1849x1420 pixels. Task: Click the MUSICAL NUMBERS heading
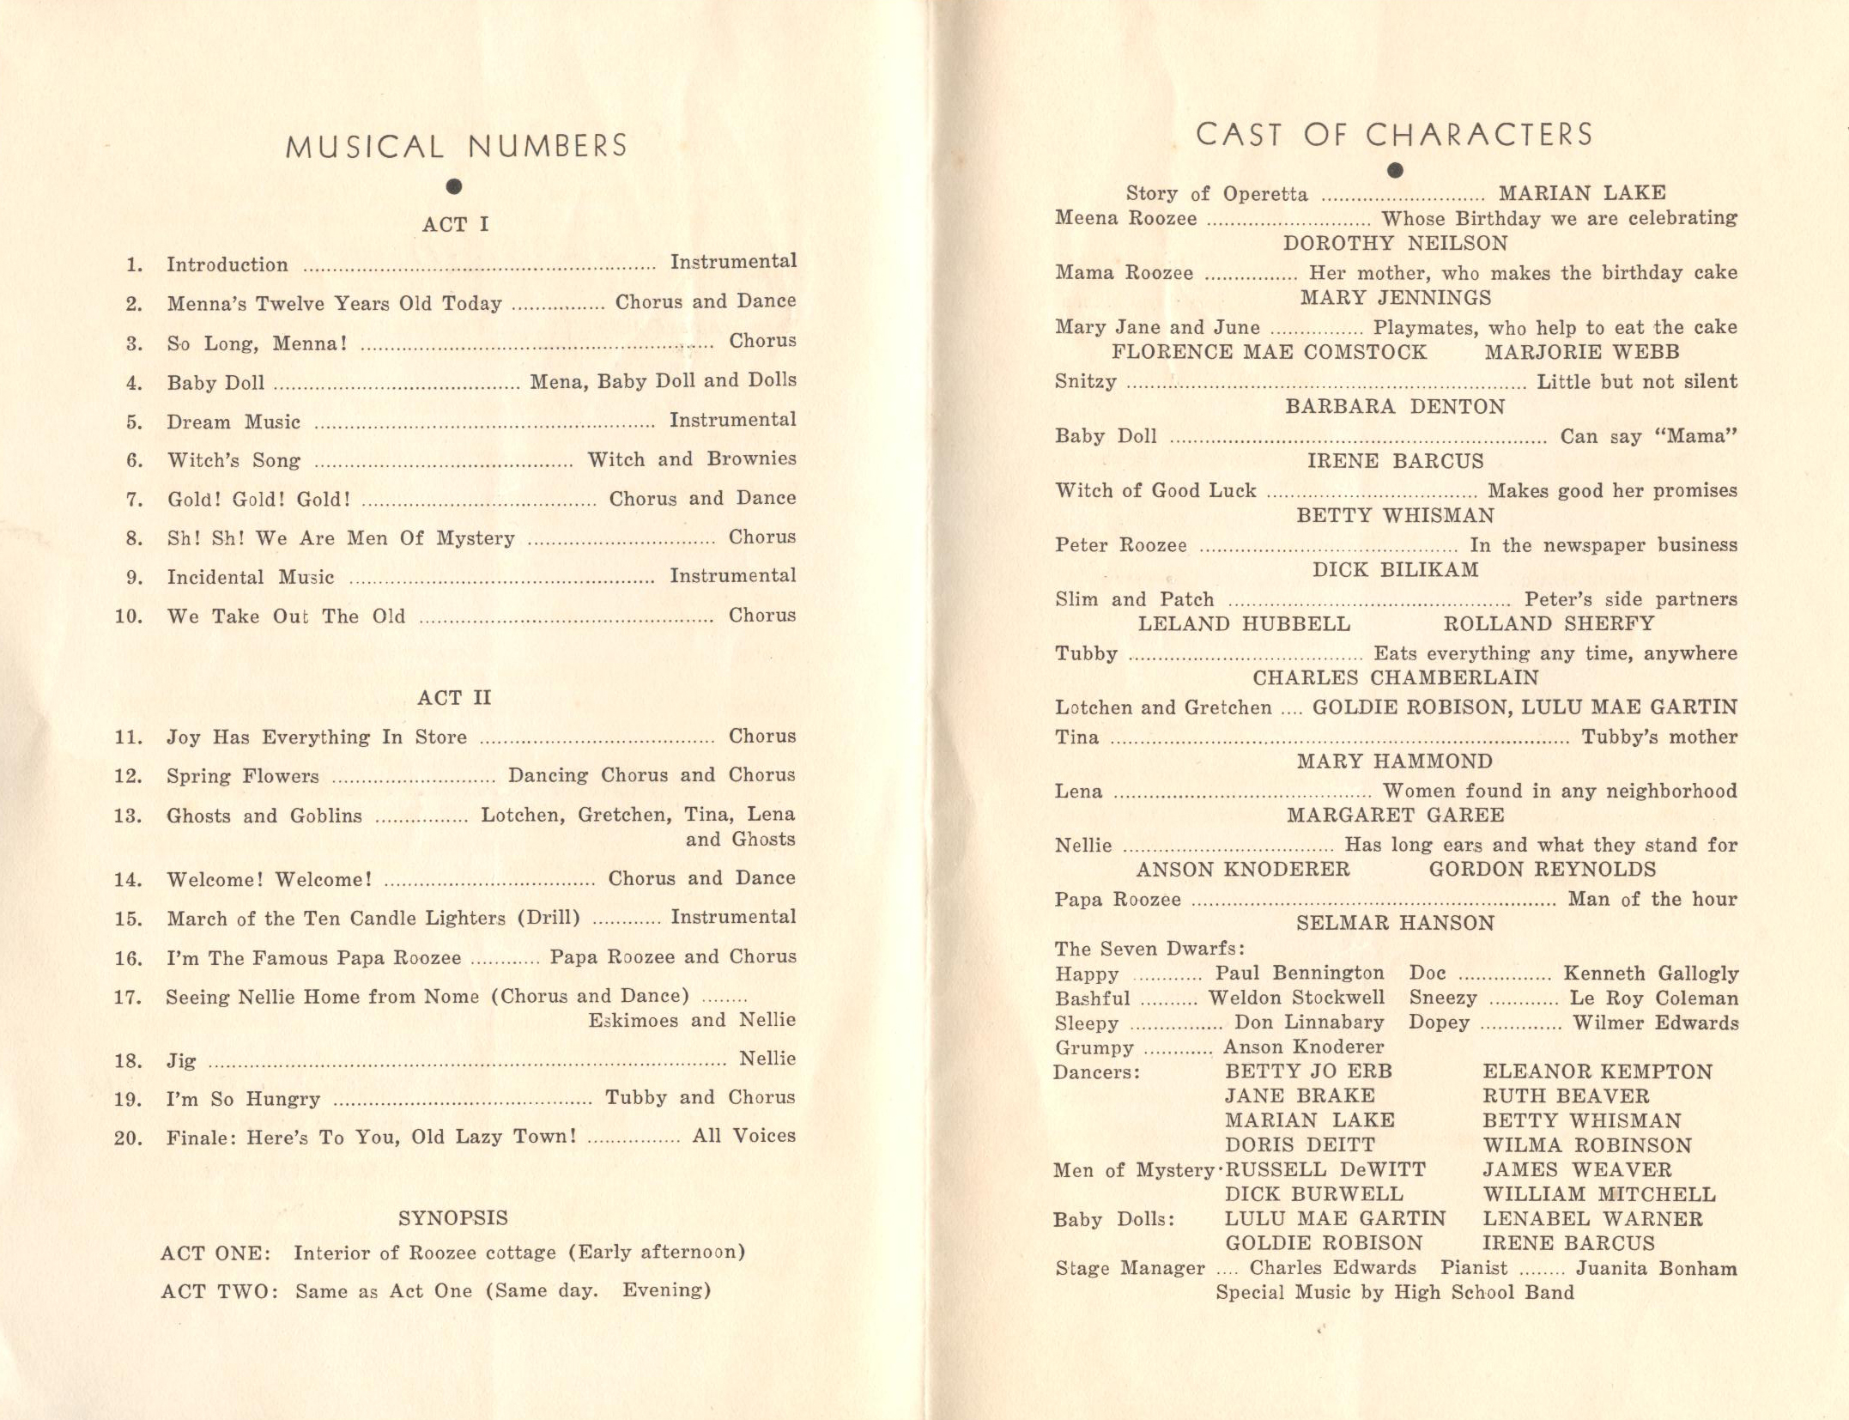(x=456, y=146)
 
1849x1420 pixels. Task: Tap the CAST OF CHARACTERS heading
(x=1394, y=135)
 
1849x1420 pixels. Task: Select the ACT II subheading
(x=454, y=697)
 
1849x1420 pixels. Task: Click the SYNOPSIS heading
(x=453, y=1217)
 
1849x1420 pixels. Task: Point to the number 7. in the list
(x=135, y=500)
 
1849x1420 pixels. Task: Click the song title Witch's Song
(x=233, y=460)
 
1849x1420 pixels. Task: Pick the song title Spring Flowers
(x=242, y=776)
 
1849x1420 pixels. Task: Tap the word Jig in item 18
(x=181, y=1060)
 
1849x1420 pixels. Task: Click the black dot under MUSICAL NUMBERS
(x=454, y=186)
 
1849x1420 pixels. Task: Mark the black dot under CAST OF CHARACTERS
(x=1395, y=170)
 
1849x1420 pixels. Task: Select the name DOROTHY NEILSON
(x=1395, y=243)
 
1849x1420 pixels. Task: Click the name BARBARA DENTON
(x=1395, y=406)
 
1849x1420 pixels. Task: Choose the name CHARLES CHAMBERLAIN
(x=1395, y=677)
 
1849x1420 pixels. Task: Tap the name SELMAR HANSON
(x=1395, y=923)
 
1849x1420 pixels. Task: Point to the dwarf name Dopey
(x=1439, y=1023)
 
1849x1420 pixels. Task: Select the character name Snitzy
(x=1086, y=382)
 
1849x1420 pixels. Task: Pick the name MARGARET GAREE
(x=1395, y=815)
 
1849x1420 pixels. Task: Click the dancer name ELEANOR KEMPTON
(x=1597, y=1071)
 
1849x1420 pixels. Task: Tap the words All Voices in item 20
(x=743, y=1136)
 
